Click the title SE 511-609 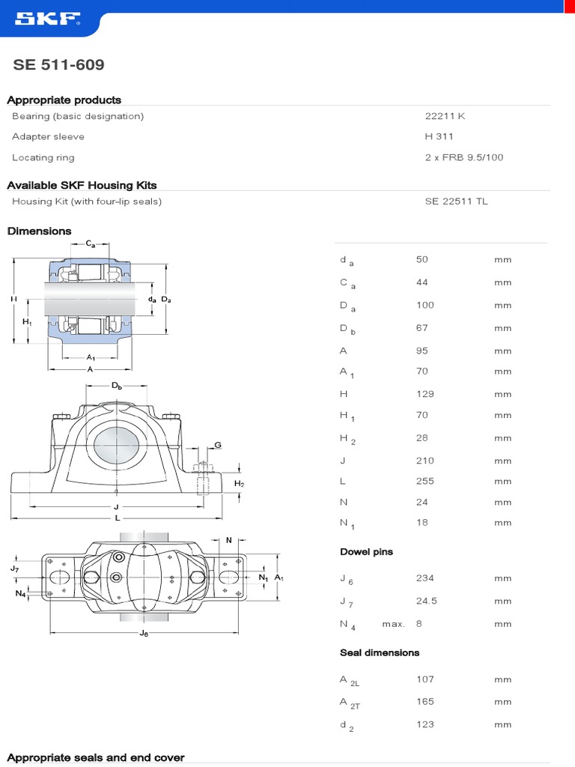pyautogui.click(x=58, y=65)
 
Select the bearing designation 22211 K pyautogui.click(x=445, y=116)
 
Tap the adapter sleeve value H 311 pyautogui.click(x=439, y=136)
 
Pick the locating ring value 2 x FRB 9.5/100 pyautogui.click(x=464, y=157)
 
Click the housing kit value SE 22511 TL pyautogui.click(x=456, y=201)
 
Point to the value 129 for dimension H pyautogui.click(x=425, y=394)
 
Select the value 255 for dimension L pyautogui.click(x=425, y=481)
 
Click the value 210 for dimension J pyautogui.click(x=425, y=461)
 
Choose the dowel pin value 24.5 pyautogui.click(x=427, y=601)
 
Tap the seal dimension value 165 pyautogui.click(x=425, y=702)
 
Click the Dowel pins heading pyautogui.click(x=366, y=552)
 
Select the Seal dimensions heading pyautogui.click(x=380, y=653)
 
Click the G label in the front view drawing pyautogui.click(x=218, y=445)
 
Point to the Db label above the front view pyautogui.click(x=117, y=386)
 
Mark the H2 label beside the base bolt pyautogui.click(x=240, y=484)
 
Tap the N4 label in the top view pyautogui.click(x=20, y=594)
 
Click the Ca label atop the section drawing pyautogui.click(x=91, y=244)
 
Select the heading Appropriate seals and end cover pyautogui.click(x=95, y=757)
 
